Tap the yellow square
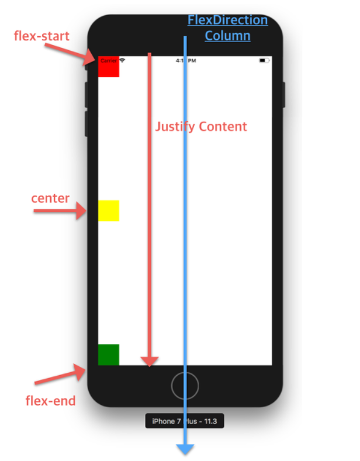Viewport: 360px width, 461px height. pos(109,210)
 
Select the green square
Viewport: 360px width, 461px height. pos(109,355)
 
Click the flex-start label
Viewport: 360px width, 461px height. pos(41,36)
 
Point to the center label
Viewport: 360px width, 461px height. pos(50,198)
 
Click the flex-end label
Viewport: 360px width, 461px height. pos(51,400)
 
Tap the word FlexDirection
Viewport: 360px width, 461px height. pos(227,20)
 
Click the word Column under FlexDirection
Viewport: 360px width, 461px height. pos(227,36)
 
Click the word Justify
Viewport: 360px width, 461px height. pos(175,126)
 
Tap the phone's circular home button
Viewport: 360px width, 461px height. pos(185,386)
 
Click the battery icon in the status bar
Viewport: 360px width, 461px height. pos(264,60)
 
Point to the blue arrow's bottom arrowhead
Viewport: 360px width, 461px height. pos(185,448)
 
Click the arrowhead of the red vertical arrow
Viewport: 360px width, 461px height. pos(150,361)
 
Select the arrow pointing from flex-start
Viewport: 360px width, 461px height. pos(69,53)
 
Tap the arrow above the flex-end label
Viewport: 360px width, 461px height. pos(61,375)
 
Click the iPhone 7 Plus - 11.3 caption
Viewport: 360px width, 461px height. pos(185,421)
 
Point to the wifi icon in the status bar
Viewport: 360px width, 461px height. pos(122,60)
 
